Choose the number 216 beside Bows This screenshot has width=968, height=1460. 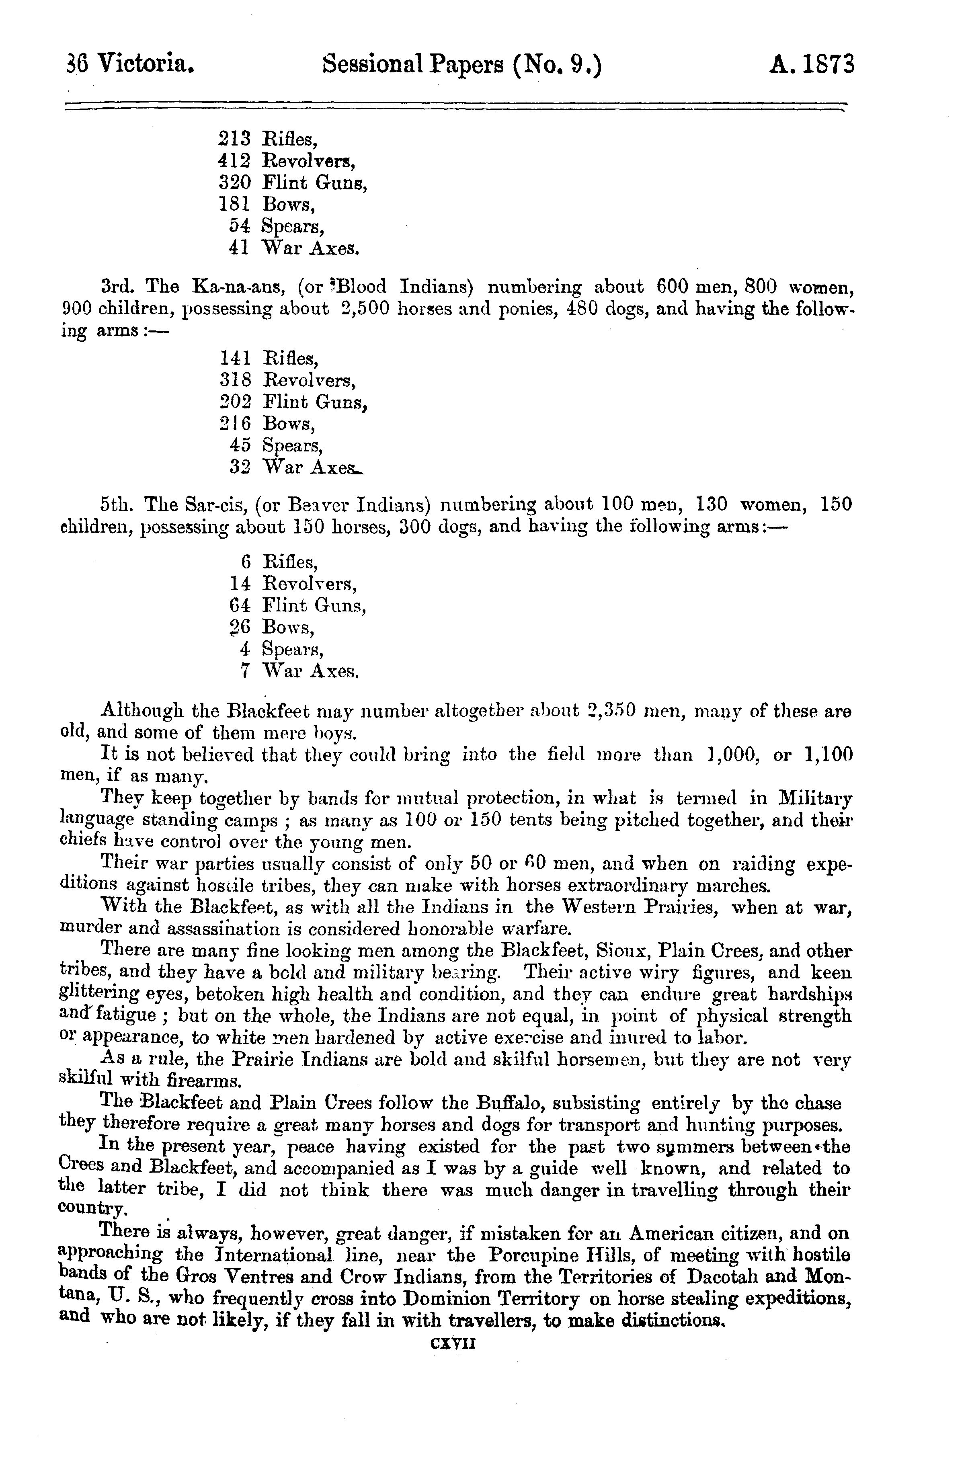pyautogui.click(x=235, y=424)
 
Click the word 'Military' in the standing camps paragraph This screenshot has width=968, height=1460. pyautogui.click(x=815, y=799)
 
